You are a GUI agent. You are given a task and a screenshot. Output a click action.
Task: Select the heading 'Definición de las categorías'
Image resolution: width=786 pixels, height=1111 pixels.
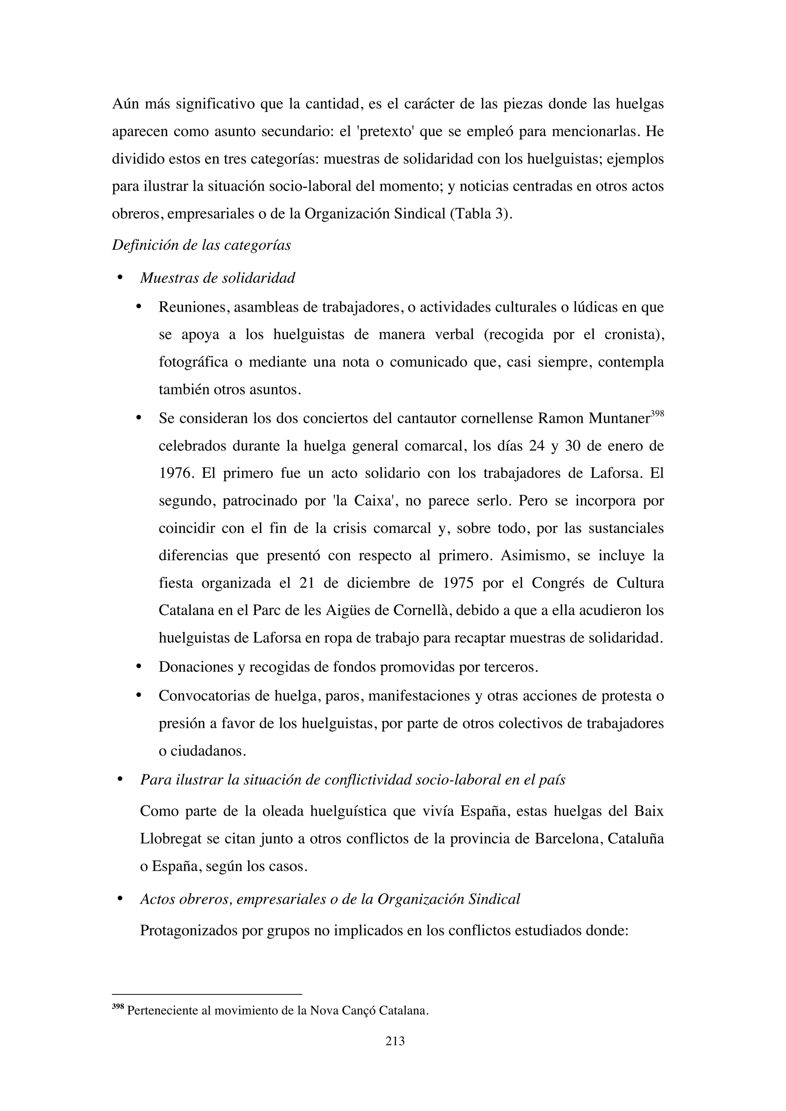click(201, 245)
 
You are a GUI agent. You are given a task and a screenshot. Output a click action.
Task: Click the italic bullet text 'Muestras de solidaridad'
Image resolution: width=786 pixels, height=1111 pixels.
click(217, 278)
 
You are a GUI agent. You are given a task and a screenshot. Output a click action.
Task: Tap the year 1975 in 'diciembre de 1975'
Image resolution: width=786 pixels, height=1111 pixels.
click(458, 583)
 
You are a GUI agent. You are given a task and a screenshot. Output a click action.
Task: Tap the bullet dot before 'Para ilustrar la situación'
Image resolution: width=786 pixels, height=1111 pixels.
click(120, 780)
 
